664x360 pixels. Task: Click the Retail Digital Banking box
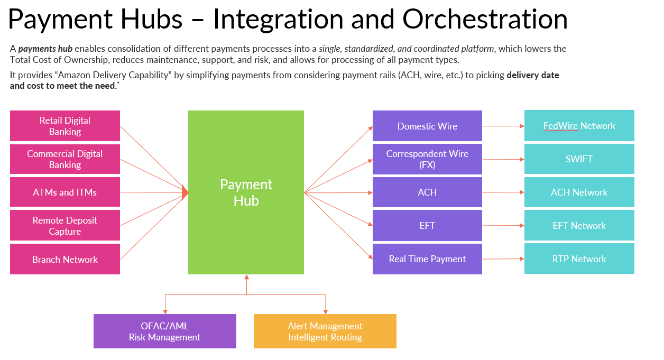pos(65,126)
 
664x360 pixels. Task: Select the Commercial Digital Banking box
pos(65,159)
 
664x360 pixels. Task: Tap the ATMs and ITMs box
pos(65,192)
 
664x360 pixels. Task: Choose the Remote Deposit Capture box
pos(65,226)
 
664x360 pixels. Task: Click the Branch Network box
pos(65,259)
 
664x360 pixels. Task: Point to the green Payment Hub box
pos(246,192)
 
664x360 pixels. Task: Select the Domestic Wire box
pos(427,126)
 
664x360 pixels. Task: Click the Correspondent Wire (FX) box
pos(427,159)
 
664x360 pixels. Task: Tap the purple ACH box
pos(427,192)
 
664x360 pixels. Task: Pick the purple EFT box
pos(427,226)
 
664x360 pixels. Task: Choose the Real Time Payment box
pos(427,259)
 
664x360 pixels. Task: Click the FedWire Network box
pos(579,126)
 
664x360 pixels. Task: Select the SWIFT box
pos(579,159)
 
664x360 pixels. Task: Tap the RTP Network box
pos(579,259)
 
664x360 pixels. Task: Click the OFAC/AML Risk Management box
pos(164,331)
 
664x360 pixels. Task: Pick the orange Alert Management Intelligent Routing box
pos(325,331)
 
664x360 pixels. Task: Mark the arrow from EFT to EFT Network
pos(503,226)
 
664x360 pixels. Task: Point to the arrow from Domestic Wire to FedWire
pos(503,126)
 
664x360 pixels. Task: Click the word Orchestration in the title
pos(485,19)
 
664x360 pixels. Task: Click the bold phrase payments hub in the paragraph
pos(45,49)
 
